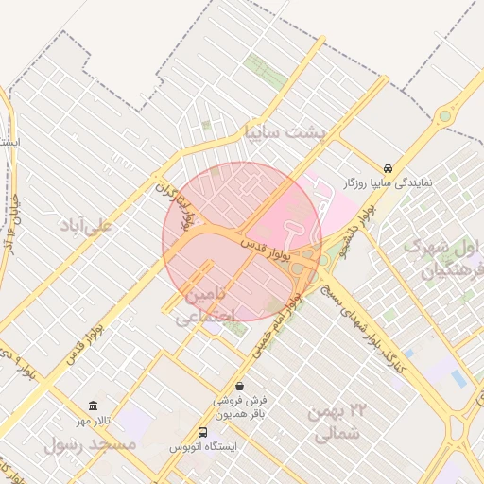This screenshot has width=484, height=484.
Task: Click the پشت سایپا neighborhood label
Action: [x=284, y=132]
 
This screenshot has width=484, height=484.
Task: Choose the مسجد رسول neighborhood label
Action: [x=91, y=443]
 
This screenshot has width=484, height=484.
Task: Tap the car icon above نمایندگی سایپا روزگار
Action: [x=389, y=168]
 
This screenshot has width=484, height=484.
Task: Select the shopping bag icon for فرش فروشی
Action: [x=240, y=386]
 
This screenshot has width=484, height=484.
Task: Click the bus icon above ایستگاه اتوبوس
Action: [x=202, y=433]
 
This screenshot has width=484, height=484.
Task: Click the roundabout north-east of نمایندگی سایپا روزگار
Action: [x=443, y=116]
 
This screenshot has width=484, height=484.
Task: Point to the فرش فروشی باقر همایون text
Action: [x=240, y=406]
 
